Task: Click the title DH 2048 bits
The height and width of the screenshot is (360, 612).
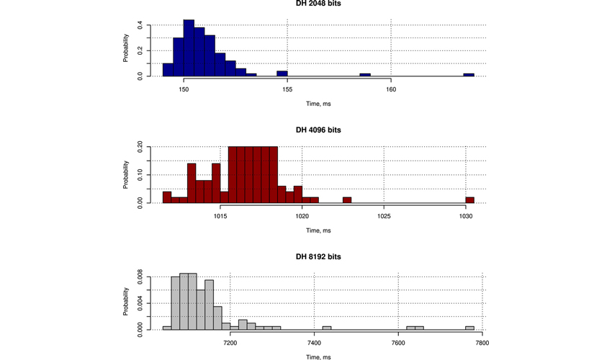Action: click(x=318, y=4)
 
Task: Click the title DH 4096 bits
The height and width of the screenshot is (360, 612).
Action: click(x=318, y=130)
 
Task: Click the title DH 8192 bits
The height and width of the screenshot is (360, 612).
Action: click(x=318, y=256)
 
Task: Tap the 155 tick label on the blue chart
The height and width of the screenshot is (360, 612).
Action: click(x=287, y=89)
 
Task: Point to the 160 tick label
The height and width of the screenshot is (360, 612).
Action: click(x=391, y=89)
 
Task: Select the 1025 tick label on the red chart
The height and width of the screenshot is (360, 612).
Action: click(x=384, y=216)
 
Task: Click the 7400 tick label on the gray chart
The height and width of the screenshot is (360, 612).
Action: click(x=314, y=343)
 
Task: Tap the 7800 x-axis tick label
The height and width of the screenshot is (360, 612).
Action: click(x=482, y=343)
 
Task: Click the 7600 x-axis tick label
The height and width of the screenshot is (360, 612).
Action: click(x=398, y=343)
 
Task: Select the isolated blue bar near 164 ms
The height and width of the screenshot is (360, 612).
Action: click(x=469, y=75)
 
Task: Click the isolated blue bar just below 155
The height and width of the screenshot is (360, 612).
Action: click(x=282, y=73)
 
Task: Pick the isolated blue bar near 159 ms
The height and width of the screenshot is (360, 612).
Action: click(x=365, y=75)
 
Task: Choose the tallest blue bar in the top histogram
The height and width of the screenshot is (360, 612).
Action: click(x=189, y=48)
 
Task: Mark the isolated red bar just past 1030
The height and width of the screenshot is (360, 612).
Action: click(x=470, y=200)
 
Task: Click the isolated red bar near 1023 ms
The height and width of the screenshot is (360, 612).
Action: click(x=347, y=200)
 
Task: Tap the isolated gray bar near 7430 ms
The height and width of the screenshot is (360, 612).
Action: click(x=327, y=328)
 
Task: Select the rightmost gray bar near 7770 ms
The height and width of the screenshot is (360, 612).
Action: click(x=469, y=328)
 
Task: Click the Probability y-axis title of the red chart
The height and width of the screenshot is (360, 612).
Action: click(x=126, y=175)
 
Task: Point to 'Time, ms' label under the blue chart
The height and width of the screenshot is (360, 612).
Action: click(x=318, y=104)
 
